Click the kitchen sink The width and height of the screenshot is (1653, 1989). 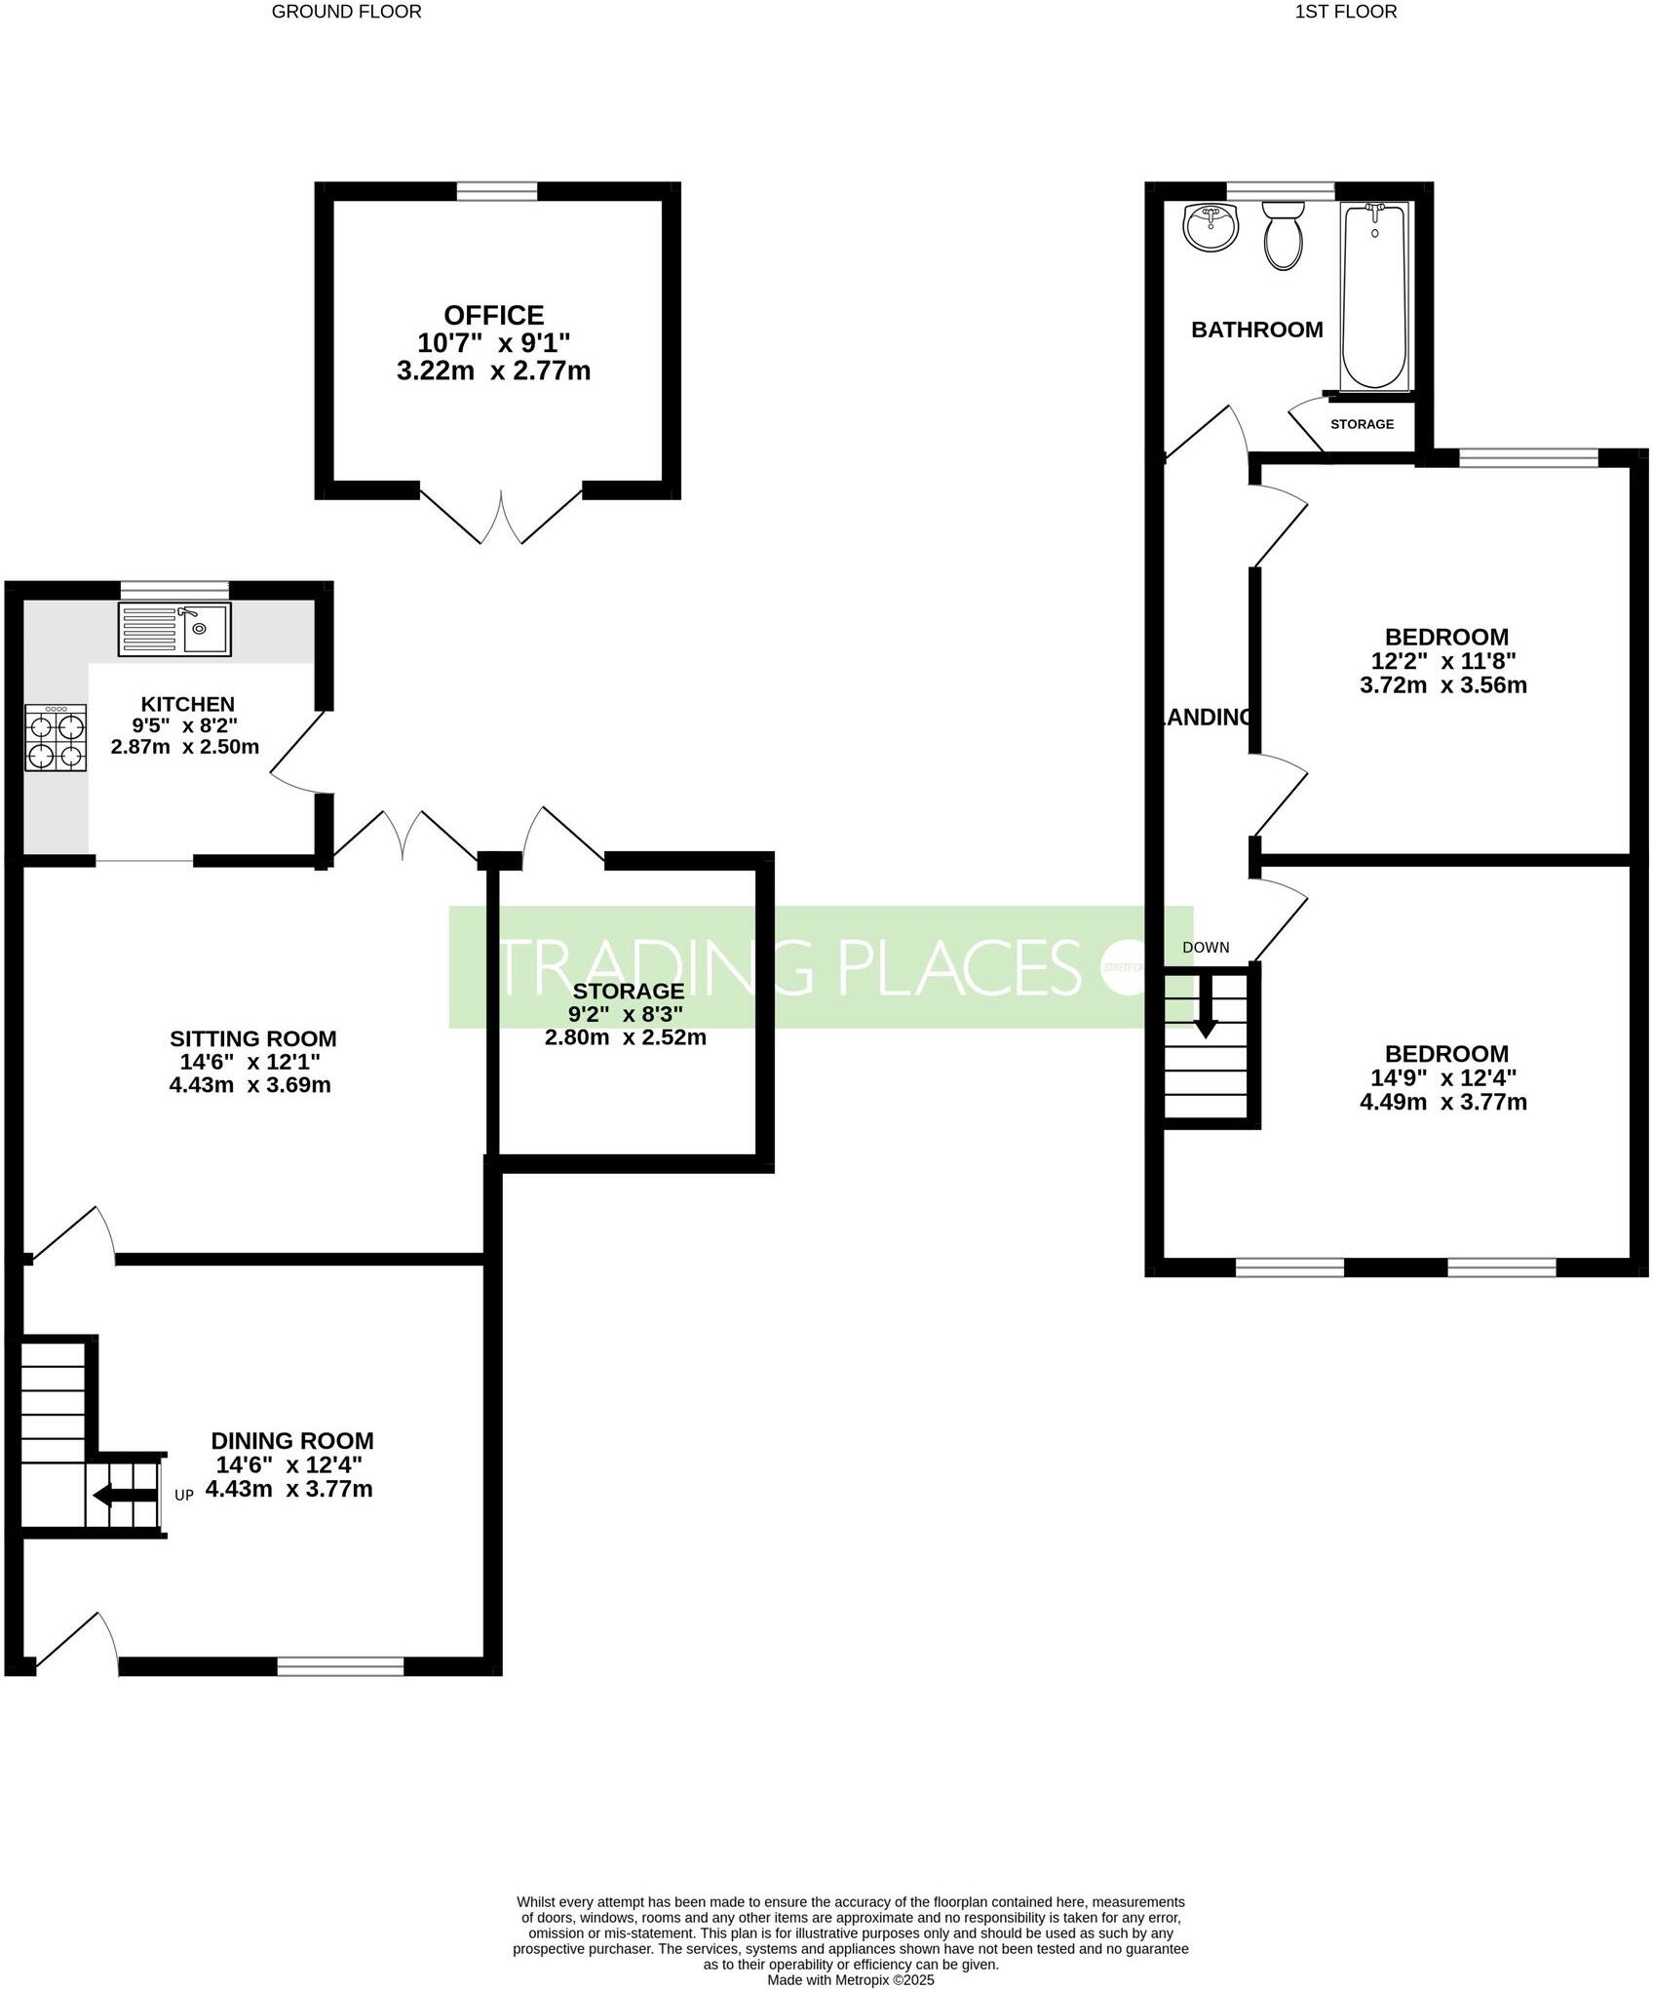[174, 629]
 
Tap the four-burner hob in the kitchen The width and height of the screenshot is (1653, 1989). [57, 740]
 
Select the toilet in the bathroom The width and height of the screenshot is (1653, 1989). [1283, 236]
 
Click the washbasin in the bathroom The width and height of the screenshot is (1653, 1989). [1210, 227]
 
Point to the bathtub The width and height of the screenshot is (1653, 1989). [1374, 295]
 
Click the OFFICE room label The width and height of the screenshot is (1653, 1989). [493, 315]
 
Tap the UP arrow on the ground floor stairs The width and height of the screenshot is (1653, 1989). [123, 1496]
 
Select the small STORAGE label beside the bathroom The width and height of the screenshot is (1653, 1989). [1362, 424]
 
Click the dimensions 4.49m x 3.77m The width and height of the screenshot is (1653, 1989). [1442, 1103]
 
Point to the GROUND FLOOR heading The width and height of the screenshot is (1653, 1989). [346, 12]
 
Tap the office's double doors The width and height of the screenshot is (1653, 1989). [501, 517]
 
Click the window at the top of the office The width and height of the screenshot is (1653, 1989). [497, 191]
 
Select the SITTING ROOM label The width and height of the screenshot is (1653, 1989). [252, 1038]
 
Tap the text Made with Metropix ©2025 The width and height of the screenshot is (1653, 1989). [850, 1980]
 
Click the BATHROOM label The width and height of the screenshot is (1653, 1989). [1256, 330]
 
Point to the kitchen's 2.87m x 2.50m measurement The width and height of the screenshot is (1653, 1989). [184, 748]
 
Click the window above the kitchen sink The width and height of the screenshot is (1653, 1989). [174, 589]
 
